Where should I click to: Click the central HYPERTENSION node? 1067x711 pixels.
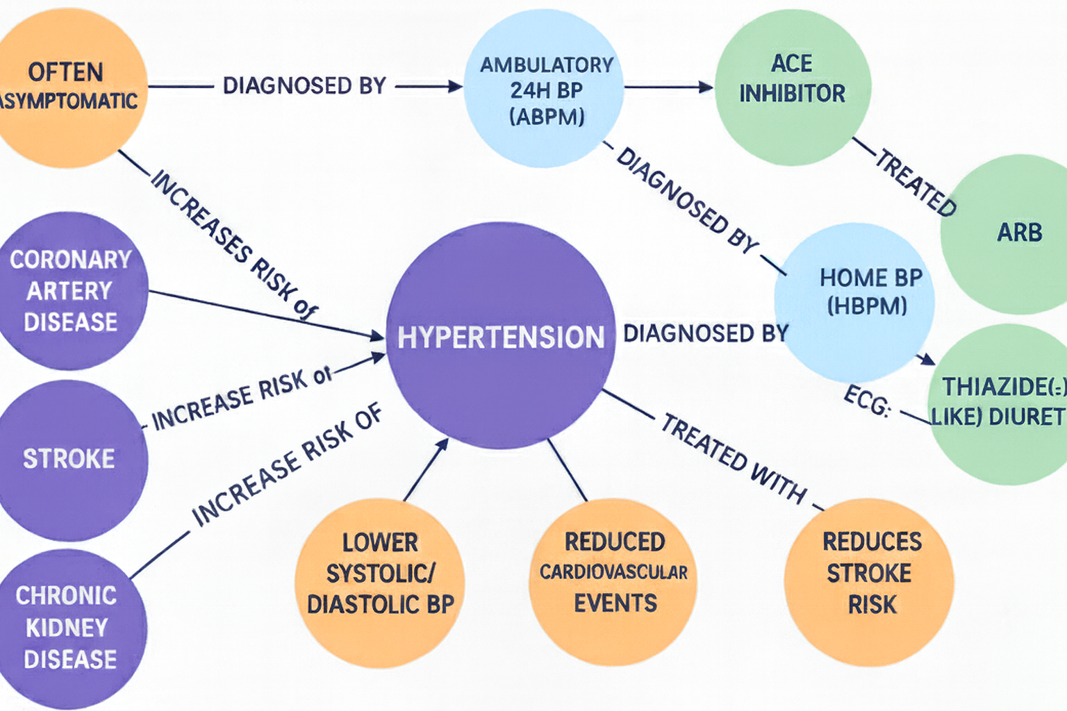coord(500,336)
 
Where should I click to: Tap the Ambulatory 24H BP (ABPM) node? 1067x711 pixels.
coord(545,89)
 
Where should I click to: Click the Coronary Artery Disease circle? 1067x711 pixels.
coord(69,290)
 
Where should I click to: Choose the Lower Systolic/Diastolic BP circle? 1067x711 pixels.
coord(380,574)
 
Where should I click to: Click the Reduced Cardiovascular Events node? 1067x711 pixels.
coord(614,572)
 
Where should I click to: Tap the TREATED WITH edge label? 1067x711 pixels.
coord(734,458)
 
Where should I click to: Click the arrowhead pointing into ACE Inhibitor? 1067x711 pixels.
coord(706,87)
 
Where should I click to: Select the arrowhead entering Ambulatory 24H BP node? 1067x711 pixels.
coord(456,87)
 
